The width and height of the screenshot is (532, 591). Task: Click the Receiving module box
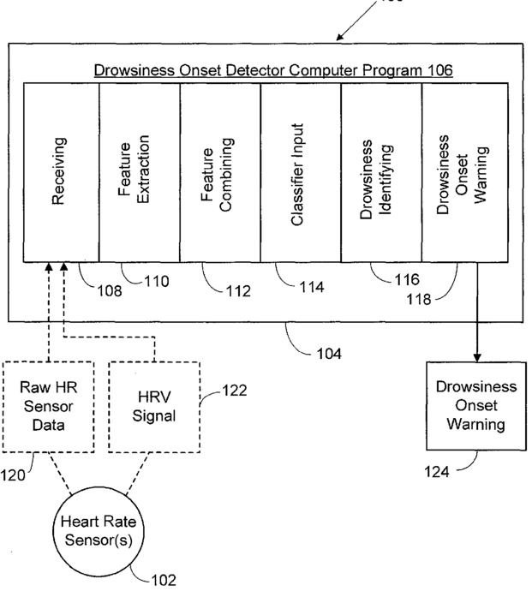62,172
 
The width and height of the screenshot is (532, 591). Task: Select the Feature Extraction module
140,172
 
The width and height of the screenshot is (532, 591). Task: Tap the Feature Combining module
220,172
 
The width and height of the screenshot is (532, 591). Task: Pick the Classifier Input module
301,172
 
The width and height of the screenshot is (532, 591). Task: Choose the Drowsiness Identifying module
381,172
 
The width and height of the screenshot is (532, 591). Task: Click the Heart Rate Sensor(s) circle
98,531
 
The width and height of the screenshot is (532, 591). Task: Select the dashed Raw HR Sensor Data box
48,407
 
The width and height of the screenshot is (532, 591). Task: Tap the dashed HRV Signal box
154,407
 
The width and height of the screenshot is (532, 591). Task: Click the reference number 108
110,291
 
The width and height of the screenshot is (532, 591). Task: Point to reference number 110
157,281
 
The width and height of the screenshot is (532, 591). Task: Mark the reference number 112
238,291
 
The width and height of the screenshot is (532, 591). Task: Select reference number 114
312,287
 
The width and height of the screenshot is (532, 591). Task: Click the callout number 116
407,280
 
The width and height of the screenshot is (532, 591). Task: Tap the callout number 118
419,299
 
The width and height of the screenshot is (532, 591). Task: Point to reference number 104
329,354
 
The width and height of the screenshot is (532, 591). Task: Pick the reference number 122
235,391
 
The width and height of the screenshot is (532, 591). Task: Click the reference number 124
437,472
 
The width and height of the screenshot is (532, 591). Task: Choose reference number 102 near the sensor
164,580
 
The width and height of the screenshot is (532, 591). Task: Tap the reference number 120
13,475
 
